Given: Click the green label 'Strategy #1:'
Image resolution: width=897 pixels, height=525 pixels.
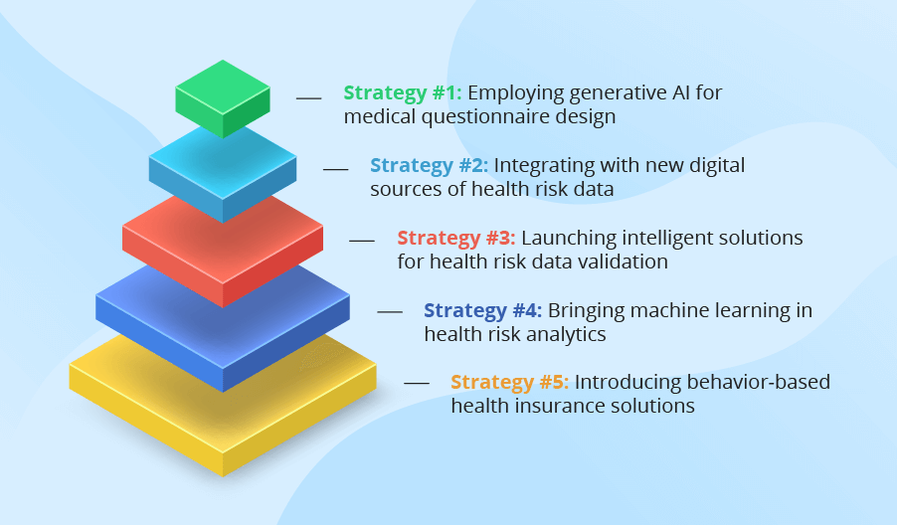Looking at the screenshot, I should click(403, 92).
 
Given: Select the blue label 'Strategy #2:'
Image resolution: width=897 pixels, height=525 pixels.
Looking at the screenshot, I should click(430, 165).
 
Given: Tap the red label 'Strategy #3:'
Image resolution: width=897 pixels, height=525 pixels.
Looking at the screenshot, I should click(456, 238).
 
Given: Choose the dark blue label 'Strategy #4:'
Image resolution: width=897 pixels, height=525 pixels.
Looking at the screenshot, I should click(483, 310).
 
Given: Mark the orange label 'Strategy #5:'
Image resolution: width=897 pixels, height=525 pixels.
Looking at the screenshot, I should click(510, 383).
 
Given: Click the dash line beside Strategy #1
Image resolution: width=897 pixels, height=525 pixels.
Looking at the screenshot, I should click(309, 97).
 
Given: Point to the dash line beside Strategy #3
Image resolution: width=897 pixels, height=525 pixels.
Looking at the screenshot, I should click(362, 242).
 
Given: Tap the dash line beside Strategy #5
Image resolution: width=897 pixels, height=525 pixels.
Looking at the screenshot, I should click(416, 383).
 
